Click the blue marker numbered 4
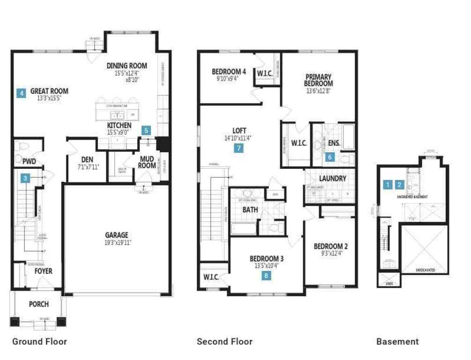click(x=21, y=93)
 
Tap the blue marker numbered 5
click(x=147, y=131)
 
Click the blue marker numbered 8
click(x=266, y=276)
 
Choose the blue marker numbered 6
click(x=330, y=157)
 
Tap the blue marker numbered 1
click(x=387, y=185)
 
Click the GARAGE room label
click(x=117, y=235)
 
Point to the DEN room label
click(x=87, y=159)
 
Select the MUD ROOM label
click(x=147, y=162)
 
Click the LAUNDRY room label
click(x=332, y=179)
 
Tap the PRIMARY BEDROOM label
click(x=319, y=80)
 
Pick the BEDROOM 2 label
click(x=330, y=247)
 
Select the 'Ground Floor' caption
click(x=39, y=341)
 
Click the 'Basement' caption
click(x=397, y=341)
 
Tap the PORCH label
click(x=39, y=304)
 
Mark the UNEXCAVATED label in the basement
click(x=425, y=270)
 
